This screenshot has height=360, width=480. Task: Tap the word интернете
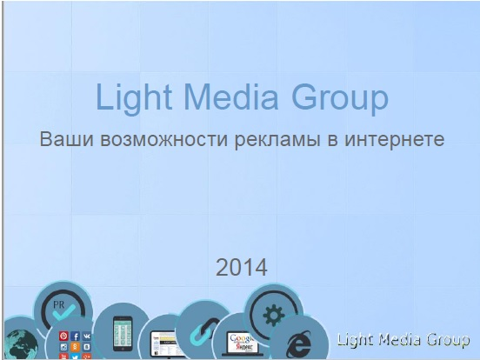point(396,139)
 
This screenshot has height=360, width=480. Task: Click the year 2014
point(241,266)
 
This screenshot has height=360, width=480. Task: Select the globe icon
point(19,342)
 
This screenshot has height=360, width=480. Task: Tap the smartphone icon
point(123,333)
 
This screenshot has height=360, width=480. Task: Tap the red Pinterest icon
point(63,336)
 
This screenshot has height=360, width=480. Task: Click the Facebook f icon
point(76,336)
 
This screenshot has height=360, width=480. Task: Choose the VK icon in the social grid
point(87,336)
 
